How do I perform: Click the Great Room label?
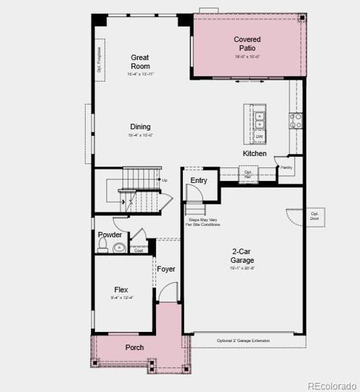click(140, 61)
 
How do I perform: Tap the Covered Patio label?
click(247, 44)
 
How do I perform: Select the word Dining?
click(140, 127)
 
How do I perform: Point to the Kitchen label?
click(255, 154)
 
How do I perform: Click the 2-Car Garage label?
click(242, 255)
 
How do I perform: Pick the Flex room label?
click(121, 289)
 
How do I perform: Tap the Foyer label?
click(166, 269)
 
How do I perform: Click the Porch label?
click(135, 348)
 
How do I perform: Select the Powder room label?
click(110, 235)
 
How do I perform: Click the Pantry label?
click(286, 167)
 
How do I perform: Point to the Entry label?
click(199, 180)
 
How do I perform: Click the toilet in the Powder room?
click(103, 246)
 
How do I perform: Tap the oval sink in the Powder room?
click(119, 248)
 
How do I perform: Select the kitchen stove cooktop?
click(296, 120)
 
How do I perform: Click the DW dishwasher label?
click(259, 136)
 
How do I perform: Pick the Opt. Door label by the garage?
click(315, 216)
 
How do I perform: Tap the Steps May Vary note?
click(204, 223)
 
